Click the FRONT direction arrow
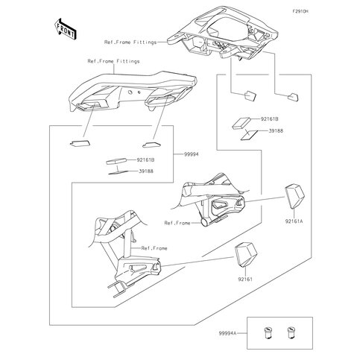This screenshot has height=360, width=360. click(x=65, y=29)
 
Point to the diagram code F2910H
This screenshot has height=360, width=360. click(x=300, y=11)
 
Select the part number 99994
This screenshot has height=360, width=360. click(x=192, y=154)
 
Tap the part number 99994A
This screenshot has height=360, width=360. click(x=227, y=333)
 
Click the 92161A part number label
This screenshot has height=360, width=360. click(x=294, y=221)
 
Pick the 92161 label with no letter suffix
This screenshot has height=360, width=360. click(x=245, y=279)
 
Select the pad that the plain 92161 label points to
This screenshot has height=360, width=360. click(x=246, y=254)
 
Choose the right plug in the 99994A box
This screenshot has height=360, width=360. click(x=291, y=333)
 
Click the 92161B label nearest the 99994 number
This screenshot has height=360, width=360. click(x=145, y=160)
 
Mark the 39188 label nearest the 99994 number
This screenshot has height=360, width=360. click(x=146, y=171)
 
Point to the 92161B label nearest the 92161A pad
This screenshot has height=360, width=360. click(x=269, y=119)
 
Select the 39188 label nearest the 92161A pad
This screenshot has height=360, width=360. click(x=276, y=130)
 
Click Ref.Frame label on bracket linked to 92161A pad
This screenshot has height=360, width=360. click(x=177, y=223)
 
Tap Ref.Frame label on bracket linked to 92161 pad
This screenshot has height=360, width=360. click(x=154, y=248)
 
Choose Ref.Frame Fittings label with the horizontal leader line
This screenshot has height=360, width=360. click(x=130, y=42)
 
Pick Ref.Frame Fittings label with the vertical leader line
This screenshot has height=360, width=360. click(x=113, y=61)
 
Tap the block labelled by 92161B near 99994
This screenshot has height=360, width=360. click(x=116, y=161)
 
